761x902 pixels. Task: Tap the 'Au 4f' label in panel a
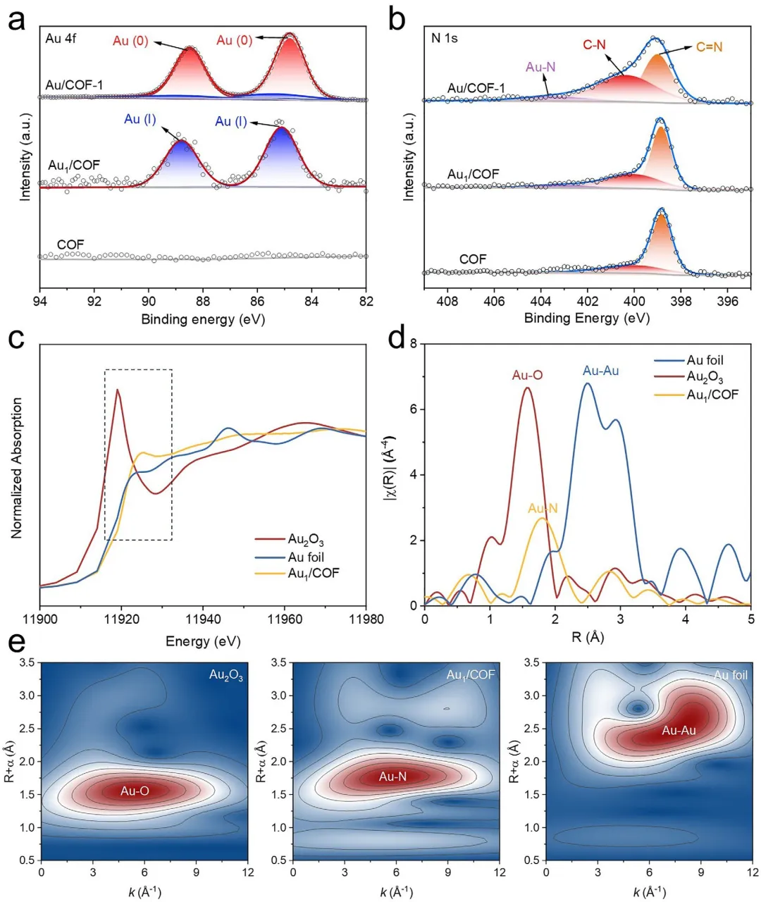(61, 38)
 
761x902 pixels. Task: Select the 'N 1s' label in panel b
(445, 38)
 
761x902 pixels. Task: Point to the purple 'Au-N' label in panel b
(540, 68)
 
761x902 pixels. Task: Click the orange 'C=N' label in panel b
(709, 47)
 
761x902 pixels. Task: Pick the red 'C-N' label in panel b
(594, 45)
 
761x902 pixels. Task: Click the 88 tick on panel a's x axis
(203, 302)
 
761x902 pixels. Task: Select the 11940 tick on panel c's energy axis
(203, 619)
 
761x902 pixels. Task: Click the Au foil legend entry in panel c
(306, 557)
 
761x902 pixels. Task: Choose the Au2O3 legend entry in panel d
(705, 378)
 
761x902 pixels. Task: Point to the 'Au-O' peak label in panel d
(527, 376)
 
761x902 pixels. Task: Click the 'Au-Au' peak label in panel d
(600, 371)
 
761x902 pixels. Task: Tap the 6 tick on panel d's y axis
(414, 409)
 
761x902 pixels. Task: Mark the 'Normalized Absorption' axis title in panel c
(18, 468)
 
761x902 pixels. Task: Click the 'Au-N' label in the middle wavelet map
(392, 777)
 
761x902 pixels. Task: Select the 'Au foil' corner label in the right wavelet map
(730, 675)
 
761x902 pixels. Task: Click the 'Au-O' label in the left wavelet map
(135, 791)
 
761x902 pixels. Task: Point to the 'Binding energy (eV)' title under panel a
(203, 319)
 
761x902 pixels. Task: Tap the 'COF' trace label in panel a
(70, 245)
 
